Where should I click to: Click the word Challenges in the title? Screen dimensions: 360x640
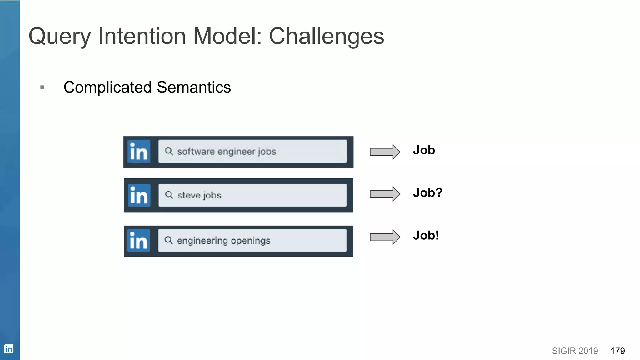[326, 36]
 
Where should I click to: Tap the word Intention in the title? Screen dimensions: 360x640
[142, 36]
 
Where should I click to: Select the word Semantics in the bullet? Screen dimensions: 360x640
[194, 87]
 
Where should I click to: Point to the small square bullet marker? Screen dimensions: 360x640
[42, 87]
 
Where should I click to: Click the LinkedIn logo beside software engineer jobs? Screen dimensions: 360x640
[139, 152]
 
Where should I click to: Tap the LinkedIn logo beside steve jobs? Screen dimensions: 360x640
[139, 195]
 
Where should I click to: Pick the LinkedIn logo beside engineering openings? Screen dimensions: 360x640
[138, 241]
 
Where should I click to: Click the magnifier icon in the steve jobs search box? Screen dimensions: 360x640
[169, 195]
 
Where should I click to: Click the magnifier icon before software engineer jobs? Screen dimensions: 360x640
[169, 151]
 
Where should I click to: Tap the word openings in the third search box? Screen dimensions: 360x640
[251, 241]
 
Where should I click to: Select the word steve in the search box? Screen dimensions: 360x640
[189, 195]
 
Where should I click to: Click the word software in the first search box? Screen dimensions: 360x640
[196, 152]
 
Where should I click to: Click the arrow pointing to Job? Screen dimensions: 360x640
[385, 194]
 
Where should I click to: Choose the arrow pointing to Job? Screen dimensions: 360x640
[385, 237]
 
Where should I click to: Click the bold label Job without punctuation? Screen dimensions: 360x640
[424, 150]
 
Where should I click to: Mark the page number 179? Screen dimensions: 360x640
[617, 351]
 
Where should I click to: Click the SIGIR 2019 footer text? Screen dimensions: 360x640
[575, 351]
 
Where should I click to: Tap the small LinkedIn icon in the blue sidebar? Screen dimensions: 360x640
[9, 348]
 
